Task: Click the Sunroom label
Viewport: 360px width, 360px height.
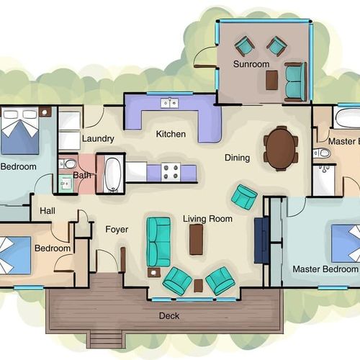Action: pos(251,64)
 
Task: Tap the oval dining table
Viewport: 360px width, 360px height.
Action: pos(281,149)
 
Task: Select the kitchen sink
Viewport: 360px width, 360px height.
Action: pos(170,103)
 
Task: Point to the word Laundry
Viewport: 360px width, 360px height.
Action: pos(98,139)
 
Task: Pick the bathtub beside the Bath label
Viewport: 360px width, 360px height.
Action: pos(112,174)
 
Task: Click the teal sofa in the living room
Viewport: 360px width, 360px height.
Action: pos(158,242)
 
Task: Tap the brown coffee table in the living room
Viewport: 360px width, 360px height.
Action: pos(196,239)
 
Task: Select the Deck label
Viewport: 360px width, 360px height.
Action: pos(169,316)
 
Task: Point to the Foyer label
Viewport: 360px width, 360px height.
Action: pos(117,230)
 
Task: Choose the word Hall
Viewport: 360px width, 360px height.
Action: pos(48,211)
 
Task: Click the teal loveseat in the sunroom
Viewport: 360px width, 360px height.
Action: pos(296,81)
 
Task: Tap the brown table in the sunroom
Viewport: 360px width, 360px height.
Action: pos(272,80)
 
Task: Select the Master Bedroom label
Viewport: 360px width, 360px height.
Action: pos(325,269)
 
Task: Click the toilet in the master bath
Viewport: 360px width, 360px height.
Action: pos(322,153)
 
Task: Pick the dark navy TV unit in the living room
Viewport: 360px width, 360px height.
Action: pos(261,240)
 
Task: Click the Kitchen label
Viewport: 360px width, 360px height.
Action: pos(171,134)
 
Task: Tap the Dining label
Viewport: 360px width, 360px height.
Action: pos(238,158)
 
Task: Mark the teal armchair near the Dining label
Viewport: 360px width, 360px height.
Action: pos(244,197)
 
